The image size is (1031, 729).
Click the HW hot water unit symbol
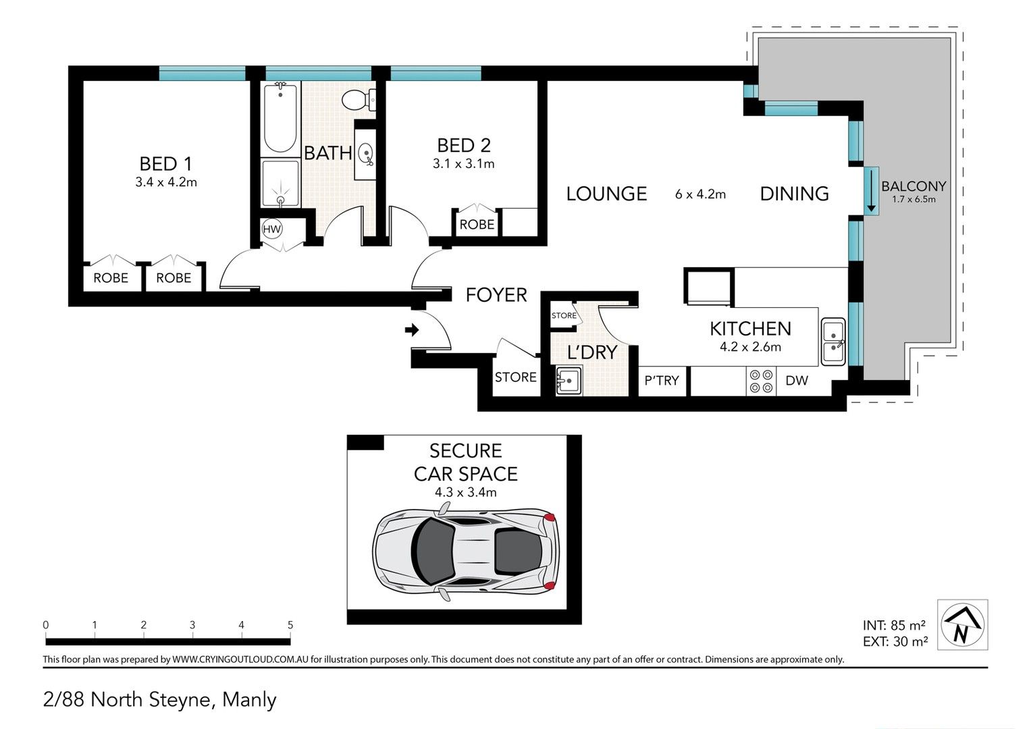click(271, 229)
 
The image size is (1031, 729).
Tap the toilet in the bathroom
click(358, 100)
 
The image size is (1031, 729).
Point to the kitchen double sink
click(833, 342)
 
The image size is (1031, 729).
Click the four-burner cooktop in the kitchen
click(761, 381)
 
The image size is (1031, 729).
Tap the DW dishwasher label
click(797, 381)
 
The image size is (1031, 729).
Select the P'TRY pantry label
click(662, 381)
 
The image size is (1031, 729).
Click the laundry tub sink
click(569, 381)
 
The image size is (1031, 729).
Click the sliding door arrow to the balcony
click(871, 190)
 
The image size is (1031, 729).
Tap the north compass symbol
click(962, 624)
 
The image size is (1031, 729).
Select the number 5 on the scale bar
click(290, 624)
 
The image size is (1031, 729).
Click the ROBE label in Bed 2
click(477, 225)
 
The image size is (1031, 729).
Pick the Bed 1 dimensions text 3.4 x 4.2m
click(166, 182)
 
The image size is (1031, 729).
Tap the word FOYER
click(496, 295)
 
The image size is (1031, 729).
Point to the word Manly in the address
click(249, 700)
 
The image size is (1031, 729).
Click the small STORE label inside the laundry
click(564, 315)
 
